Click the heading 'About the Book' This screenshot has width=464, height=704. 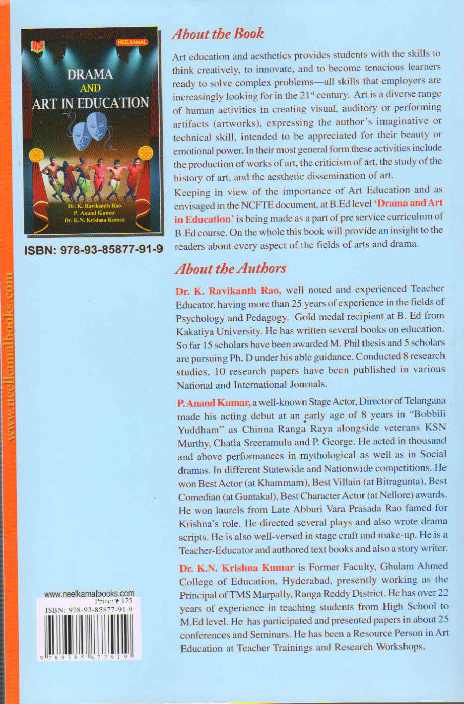(x=217, y=34)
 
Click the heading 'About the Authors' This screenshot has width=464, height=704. (x=230, y=269)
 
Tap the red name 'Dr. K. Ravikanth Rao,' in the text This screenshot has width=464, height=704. (x=228, y=290)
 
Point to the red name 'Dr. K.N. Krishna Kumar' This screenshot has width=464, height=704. (x=237, y=567)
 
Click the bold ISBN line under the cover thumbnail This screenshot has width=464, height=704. (x=94, y=249)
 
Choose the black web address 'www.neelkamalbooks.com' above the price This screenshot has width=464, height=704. (x=89, y=593)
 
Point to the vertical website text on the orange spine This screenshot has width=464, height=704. (x=8, y=355)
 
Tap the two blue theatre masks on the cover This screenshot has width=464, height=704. (x=90, y=130)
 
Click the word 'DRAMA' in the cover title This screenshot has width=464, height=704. (x=90, y=74)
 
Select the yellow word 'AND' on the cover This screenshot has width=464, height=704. (x=90, y=88)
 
